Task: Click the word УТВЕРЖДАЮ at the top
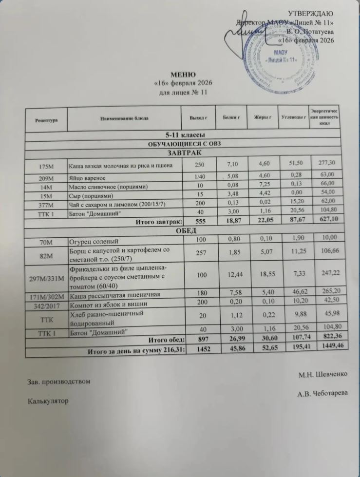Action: click(312, 13)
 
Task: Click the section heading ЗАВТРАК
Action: click(183, 153)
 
